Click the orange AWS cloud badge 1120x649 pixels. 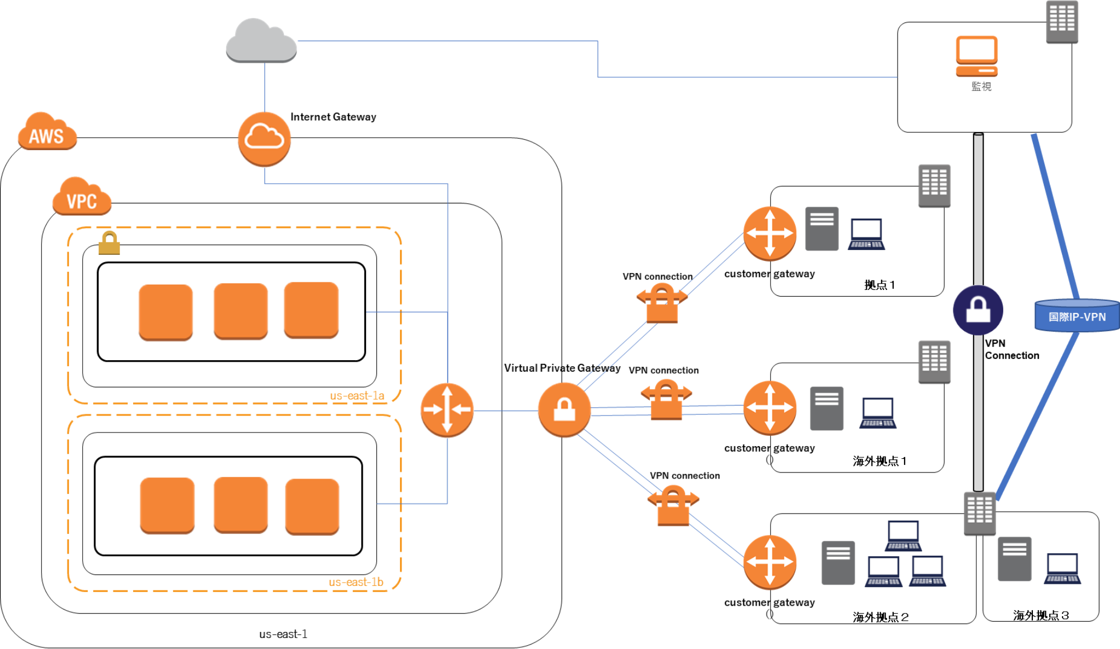(47, 133)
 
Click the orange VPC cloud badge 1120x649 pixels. (82, 198)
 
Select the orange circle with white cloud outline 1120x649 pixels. (264, 139)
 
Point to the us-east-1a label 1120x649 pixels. (357, 395)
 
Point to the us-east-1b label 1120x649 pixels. (356, 582)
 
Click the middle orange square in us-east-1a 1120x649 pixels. (241, 311)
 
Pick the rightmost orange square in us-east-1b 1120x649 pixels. (312, 506)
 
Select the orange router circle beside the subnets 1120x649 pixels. (447, 409)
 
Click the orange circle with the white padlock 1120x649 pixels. (564, 409)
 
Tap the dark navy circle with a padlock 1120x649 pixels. (978, 310)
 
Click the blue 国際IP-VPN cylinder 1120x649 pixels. (1077, 316)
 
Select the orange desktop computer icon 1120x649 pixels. (976, 56)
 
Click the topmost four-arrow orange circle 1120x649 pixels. (770, 234)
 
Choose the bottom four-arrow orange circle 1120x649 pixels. (770, 562)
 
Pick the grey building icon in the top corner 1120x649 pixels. (1062, 22)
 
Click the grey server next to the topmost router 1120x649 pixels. (821, 229)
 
